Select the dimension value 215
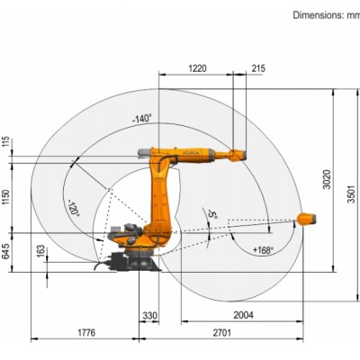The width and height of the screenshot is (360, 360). [x=258, y=68]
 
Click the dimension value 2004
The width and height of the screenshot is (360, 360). [x=243, y=315]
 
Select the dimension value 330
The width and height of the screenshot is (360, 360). [x=149, y=315]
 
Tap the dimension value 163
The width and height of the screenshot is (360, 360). [x=40, y=249]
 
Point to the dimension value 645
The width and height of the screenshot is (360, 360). [x=6, y=250]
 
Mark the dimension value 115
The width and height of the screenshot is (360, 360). [x=6, y=141]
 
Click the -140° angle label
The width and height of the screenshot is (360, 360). [x=141, y=118]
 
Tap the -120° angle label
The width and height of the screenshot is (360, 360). [x=74, y=209]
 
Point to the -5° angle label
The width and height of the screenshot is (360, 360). [x=212, y=217]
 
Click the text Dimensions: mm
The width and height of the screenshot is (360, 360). [x=326, y=15]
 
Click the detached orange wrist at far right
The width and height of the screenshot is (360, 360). [x=308, y=217]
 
